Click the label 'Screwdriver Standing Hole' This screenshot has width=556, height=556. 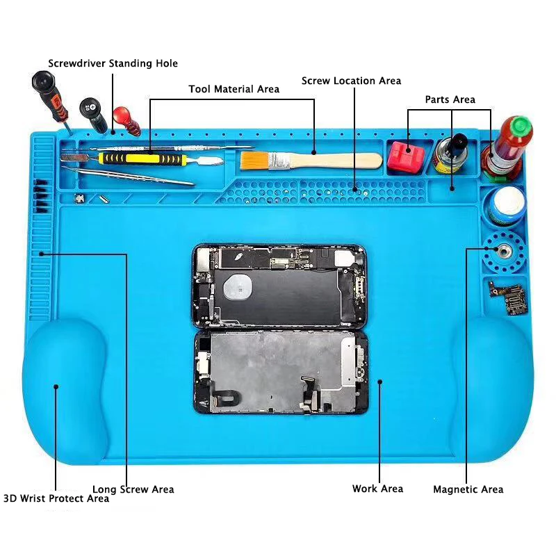click(x=113, y=63)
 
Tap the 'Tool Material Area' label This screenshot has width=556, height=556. click(x=234, y=89)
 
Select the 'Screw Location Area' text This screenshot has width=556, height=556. click(x=351, y=81)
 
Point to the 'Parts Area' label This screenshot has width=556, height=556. click(x=450, y=99)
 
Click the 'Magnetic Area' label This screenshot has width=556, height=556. click(x=468, y=489)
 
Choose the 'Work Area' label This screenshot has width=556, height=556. click(x=377, y=489)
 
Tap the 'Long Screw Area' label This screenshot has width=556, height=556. click(x=133, y=489)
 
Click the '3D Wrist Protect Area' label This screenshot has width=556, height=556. click(x=56, y=498)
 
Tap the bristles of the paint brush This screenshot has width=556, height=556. click(x=255, y=161)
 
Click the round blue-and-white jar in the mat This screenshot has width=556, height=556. click(x=505, y=206)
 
